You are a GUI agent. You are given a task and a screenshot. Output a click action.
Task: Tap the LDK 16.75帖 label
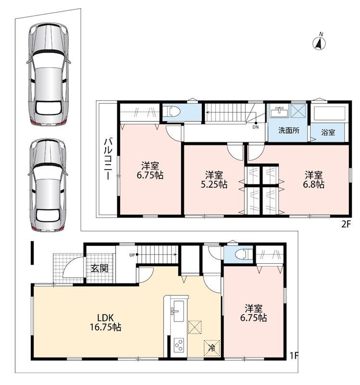(x=105, y=322)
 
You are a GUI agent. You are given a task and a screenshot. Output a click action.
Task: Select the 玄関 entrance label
(x=99, y=268)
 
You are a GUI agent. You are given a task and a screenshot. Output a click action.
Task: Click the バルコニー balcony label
(x=108, y=159)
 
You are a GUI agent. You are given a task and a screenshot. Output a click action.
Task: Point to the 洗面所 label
(x=289, y=130)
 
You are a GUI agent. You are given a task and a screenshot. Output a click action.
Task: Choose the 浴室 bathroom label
(x=328, y=133)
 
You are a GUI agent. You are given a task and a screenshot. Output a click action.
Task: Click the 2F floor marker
(x=347, y=224)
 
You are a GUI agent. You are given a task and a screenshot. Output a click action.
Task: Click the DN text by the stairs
(x=255, y=128)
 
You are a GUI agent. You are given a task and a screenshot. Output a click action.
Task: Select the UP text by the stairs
(x=132, y=255)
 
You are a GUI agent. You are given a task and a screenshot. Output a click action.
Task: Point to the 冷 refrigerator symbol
(x=211, y=348)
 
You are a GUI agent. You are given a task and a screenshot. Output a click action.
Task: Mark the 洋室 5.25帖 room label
(x=214, y=180)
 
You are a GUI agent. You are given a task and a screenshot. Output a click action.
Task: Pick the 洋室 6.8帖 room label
(x=314, y=180)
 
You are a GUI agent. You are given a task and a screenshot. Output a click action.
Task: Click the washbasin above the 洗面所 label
(x=279, y=113)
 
